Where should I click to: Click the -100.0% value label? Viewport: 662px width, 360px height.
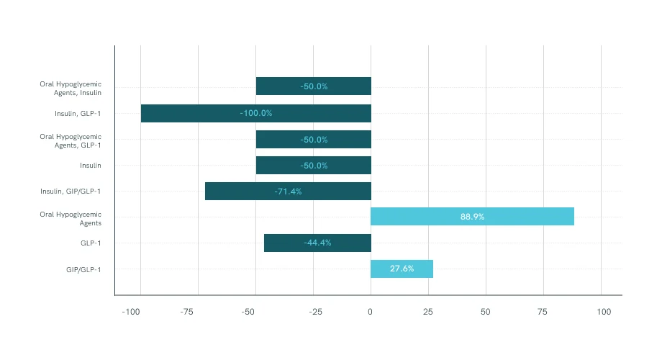click(x=256, y=113)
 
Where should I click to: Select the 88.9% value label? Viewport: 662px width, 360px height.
click(x=472, y=216)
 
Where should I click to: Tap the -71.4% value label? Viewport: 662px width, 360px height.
click(x=288, y=191)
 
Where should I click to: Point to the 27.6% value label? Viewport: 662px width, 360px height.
click(x=402, y=269)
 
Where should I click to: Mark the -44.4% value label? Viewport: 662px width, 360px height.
click(x=317, y=243)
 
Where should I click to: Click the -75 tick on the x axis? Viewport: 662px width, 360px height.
click(x=187, y=312)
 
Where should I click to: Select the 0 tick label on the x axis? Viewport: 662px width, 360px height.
click(x=371, y=312)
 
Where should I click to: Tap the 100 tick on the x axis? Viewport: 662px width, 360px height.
click(x=604, y=312)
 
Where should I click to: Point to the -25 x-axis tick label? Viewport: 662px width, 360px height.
click(x=315, y=312)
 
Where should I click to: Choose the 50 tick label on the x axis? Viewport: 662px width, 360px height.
click(x=486, y=312)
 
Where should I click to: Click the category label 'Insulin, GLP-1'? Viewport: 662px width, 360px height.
click(x=78, y=113)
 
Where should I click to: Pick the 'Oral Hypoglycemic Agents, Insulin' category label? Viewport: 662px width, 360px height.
click(x=71, y=88)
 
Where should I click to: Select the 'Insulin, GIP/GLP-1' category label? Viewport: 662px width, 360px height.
click(x=71, y=191)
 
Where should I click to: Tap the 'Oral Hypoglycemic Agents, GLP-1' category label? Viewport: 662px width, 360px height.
click(x=71, y=140)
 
